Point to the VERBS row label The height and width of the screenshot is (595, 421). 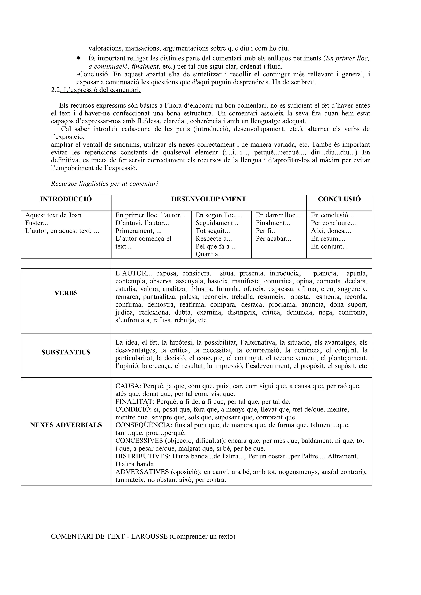(66, 293)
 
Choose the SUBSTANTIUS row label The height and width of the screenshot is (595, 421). (66, 352)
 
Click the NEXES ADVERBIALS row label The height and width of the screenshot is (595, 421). (66, 425)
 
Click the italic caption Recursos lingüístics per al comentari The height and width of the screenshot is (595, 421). (105, 184)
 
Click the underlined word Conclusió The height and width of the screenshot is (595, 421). (93, 74)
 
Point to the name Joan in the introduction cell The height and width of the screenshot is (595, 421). (75, 215)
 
